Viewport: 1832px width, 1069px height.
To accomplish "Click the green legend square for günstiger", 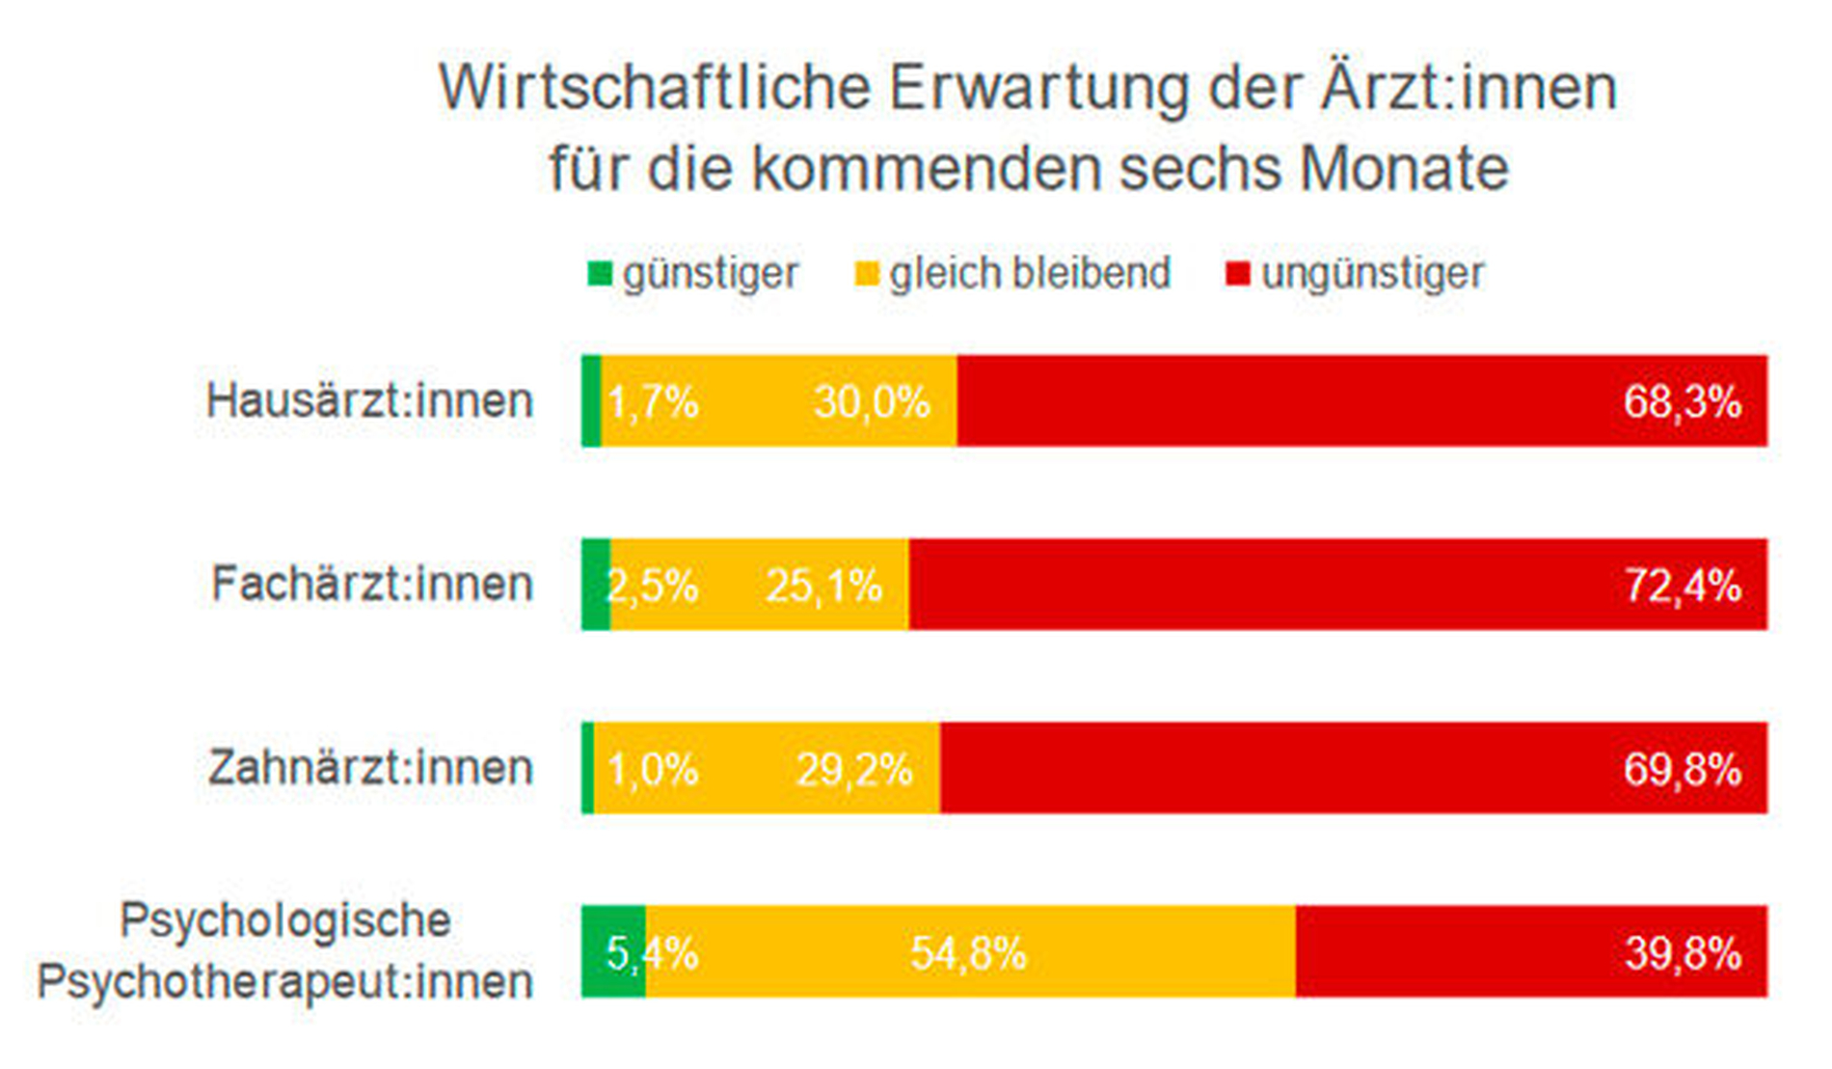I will tap(600, 274).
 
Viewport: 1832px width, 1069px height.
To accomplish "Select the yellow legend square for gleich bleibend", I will tap(867, 274).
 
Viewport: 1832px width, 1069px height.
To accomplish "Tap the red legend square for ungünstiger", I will tap(1237, 274).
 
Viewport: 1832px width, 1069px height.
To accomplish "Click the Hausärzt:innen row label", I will tap(369, 400).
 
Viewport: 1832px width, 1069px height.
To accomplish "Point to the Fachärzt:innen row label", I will tap(372, 584).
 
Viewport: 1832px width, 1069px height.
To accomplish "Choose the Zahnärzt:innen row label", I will tap(370, 768).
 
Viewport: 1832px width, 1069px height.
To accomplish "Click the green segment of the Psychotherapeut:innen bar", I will tap(613, 951).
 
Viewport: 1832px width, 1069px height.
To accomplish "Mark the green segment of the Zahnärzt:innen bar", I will tap(588, 768).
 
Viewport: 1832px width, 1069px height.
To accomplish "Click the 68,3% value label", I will tap(1683, 401).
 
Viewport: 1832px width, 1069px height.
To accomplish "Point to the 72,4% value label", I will tap(1683, 586).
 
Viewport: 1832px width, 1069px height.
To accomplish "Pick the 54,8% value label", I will tap(968, 953).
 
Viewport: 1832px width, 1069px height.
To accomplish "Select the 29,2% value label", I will tap(854, 770).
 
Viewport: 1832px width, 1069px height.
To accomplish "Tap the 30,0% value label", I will tap(872, 401).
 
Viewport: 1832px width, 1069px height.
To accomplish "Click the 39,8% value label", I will tap(1683, 953).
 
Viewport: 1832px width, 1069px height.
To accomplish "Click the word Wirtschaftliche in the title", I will tap(655, 88).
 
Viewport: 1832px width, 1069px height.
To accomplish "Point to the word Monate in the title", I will tap(1404, 168).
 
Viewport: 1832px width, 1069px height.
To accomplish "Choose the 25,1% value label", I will tap(823, 586).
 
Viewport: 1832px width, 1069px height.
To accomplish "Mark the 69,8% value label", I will tap(1683, 770).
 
